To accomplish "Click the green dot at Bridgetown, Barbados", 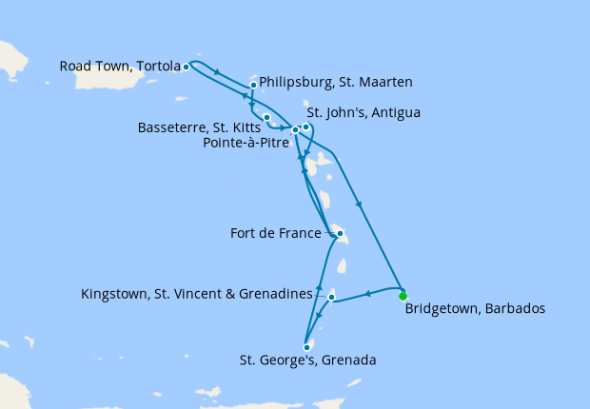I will pyautogui.click(x=403, y=295).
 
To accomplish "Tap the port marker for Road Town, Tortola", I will pyautogui.click(x=187, y=67).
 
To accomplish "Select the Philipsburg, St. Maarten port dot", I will pyautogui.click(x=253, y=85).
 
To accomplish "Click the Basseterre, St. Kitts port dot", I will pyautogui.click(x=267, y=118).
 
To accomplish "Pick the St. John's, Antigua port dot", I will pyautogui.click(x=305, y=127).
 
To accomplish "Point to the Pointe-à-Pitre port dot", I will pyautogui.click(x=296, y=130).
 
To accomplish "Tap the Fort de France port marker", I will pyautogui.click(x=340, y=232).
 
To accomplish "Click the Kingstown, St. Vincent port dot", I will pyautogui.click(x=331, y=298).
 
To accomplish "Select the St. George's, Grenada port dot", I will pyautogui.click(x=306, y=347).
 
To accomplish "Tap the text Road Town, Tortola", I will pyautogui.click(x=120, y=67).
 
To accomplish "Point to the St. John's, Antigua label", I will pyautogui.click(x=364, y=113).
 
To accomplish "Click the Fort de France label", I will pyautogui.click(x=275, y=232).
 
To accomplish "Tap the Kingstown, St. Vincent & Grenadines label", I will pyautogui.click(x=197, y=294).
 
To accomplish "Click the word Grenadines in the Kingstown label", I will pyautogui.click(x=276, y=294).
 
